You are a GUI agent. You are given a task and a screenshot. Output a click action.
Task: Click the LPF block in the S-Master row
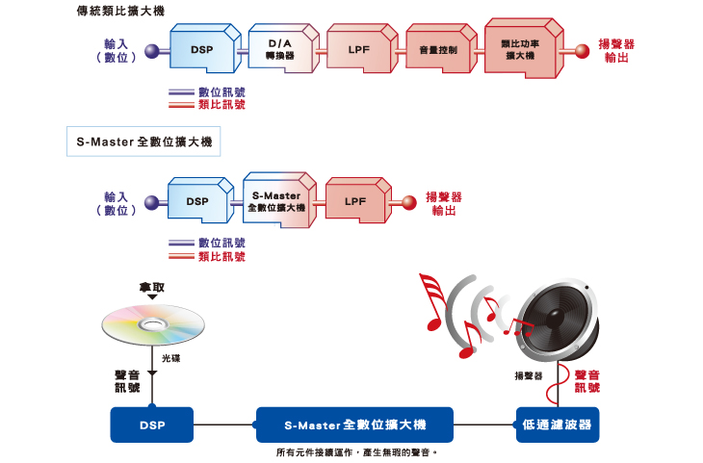coord(354,202)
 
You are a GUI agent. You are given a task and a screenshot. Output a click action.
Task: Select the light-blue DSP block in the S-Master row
coord(197,202)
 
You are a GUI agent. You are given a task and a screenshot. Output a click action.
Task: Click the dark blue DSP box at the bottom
coord(151,424)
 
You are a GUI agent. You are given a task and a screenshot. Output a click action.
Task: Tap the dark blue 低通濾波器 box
coord(557,424)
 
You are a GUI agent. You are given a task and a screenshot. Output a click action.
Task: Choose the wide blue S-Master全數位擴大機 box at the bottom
coord(355,424)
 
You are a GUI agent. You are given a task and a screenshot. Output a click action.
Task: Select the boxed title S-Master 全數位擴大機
coord(144,142)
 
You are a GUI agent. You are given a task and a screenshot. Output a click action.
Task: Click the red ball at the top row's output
coord(581,50)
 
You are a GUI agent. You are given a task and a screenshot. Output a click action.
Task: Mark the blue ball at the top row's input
coord(151,50)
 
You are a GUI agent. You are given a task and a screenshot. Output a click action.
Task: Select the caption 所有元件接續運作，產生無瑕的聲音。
coord(356,450)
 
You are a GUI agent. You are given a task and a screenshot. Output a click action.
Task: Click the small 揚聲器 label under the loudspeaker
coord(529,375)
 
